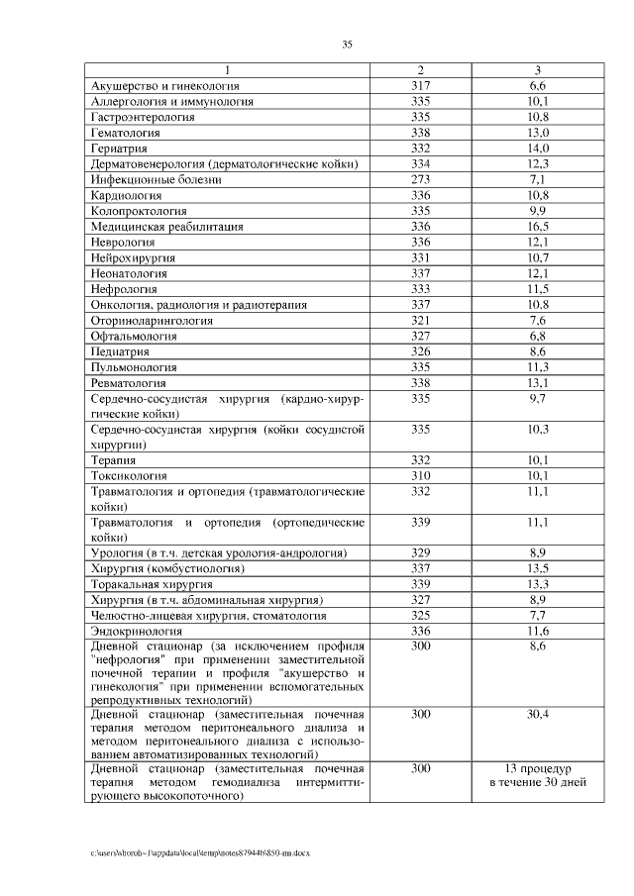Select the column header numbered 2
point(421,70)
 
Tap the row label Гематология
point(126,132)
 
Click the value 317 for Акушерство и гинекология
point(421,86)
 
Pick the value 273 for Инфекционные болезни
point(421,179)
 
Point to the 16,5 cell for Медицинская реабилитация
point(538,226)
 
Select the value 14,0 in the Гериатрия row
point(538,148)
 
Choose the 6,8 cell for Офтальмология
point(538,336)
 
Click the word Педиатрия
point(121,351)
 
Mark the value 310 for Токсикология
point(421,475)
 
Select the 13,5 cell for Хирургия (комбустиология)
point(538,568)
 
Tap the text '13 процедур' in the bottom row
point(538,768)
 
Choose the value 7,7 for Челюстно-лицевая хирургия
point(538,615)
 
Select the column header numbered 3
point(538,70)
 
